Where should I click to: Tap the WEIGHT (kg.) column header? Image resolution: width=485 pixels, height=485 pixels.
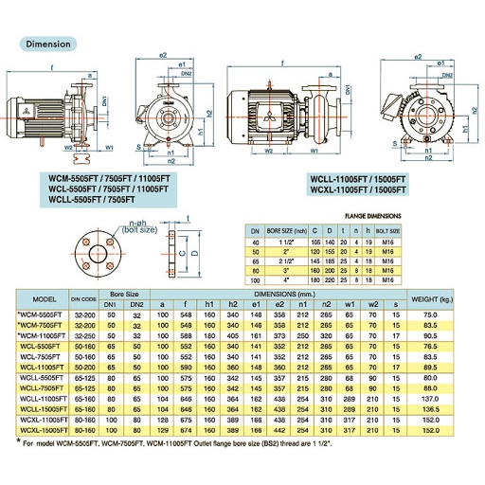(434, 299)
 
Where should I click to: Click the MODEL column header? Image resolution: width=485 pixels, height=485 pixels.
(38, 299)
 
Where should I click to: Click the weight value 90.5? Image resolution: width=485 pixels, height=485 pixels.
(434, 334)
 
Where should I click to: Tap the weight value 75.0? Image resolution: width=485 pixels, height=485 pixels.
(434, 314)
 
